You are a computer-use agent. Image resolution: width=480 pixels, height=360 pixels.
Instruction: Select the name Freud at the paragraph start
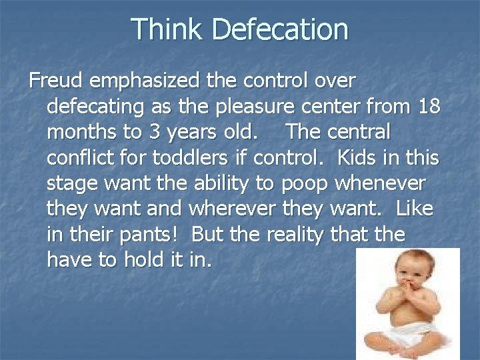tap(55, 81)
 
